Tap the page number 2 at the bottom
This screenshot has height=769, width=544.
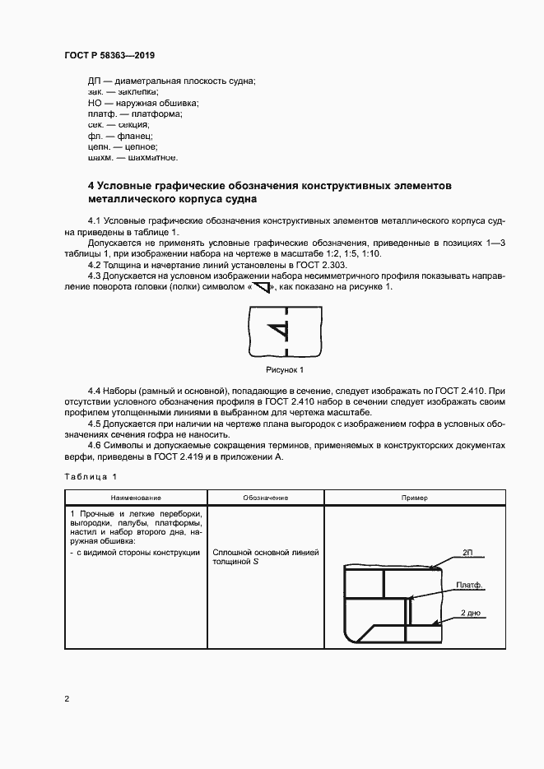[66, 699]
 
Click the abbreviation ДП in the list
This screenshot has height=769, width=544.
[95, 81]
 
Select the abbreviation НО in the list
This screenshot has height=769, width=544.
[95, 104]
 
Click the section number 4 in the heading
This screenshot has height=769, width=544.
[91, 186]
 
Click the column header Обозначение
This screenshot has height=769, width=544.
[266, 498]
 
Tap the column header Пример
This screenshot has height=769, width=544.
[415, 498]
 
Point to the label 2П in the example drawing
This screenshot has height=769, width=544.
[467, 553]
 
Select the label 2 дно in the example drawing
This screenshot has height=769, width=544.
[470, 613]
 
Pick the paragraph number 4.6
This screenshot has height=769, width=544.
[94, 445]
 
